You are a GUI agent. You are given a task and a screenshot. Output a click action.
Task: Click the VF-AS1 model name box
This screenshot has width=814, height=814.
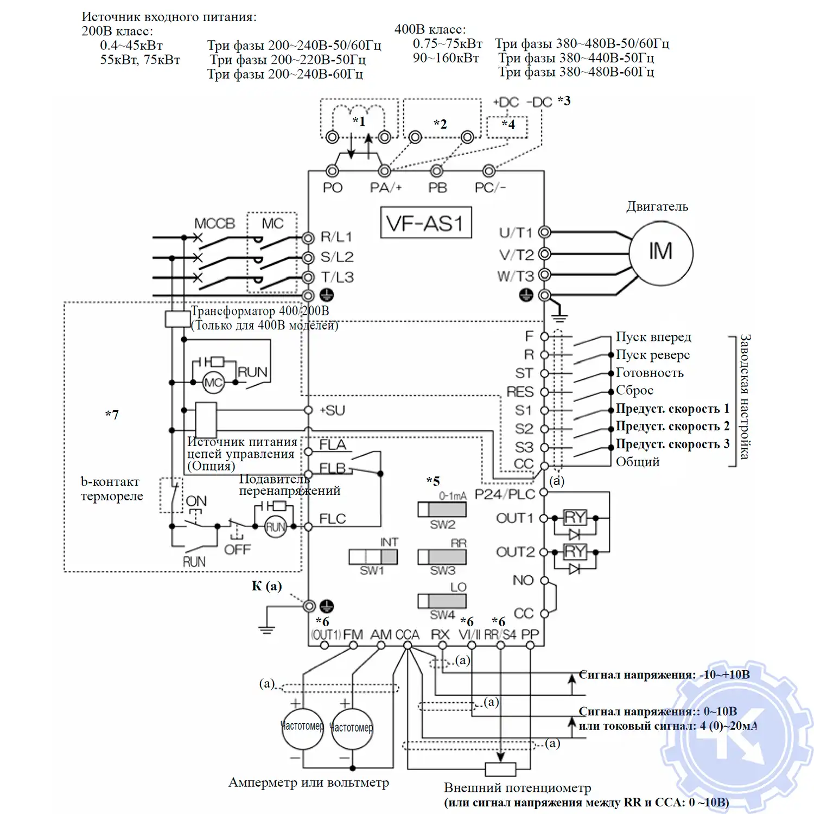426,223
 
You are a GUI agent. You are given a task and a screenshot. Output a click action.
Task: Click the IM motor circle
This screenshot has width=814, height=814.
660,252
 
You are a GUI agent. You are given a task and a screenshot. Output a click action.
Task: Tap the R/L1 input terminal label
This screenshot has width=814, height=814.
336,237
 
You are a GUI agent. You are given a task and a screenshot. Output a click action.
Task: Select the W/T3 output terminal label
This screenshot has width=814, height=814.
516,276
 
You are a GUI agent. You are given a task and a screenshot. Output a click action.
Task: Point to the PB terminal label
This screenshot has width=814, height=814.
437,188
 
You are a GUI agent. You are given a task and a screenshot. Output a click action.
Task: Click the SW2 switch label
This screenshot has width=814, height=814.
442,525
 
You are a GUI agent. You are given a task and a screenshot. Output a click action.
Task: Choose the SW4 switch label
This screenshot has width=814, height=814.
442,615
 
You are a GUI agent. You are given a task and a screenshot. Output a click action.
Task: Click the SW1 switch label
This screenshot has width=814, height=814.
372,570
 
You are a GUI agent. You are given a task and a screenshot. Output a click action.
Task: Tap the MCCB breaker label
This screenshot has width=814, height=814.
214,224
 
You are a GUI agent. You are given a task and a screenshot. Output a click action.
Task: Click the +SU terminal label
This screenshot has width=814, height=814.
332,410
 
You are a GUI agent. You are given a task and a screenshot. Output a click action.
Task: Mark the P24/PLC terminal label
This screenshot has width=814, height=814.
505,494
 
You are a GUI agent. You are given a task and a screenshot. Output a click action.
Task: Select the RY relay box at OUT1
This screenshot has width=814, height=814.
575,517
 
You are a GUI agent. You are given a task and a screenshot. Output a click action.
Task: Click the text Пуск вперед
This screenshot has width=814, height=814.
653,337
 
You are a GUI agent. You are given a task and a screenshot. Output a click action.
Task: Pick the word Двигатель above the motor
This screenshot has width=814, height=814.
657,207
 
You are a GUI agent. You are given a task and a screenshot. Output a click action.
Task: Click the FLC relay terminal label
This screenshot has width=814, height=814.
332,519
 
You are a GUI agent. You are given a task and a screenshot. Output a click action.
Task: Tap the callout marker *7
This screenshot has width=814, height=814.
112,415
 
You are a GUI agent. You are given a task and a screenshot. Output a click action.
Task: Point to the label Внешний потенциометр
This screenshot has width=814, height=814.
517,788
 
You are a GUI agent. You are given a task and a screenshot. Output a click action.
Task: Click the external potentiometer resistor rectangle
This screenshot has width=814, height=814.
500,769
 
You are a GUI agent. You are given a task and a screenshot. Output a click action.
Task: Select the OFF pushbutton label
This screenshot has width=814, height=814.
237,550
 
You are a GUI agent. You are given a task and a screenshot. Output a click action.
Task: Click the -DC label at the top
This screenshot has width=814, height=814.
539,103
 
